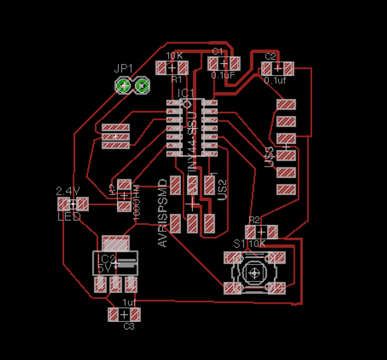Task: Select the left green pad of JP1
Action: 124,86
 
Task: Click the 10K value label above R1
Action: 174,56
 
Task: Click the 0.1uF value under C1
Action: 223,76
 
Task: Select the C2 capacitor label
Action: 270,56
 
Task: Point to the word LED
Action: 69,216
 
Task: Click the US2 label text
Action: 222,190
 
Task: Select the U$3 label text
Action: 270,157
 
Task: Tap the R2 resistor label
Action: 254,220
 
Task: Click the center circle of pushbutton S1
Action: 255,274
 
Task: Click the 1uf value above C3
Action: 129,302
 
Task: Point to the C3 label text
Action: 129,327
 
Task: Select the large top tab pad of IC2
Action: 116,243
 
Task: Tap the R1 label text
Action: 177,79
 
